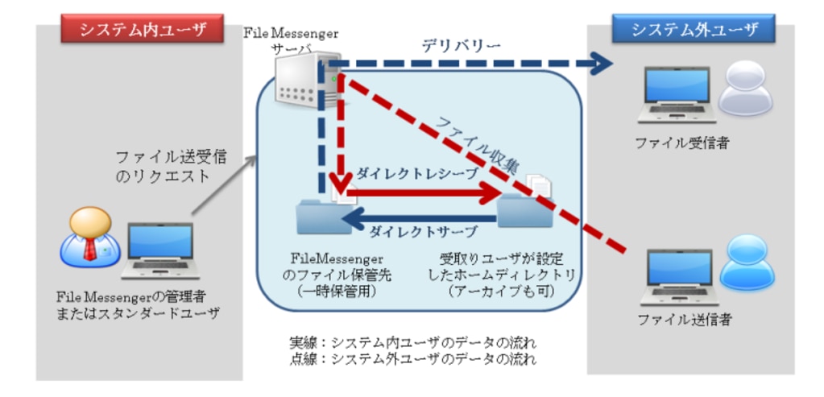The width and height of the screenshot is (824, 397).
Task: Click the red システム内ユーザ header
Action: (140, 31)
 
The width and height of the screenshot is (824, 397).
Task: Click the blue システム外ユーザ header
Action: (694, 31)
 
